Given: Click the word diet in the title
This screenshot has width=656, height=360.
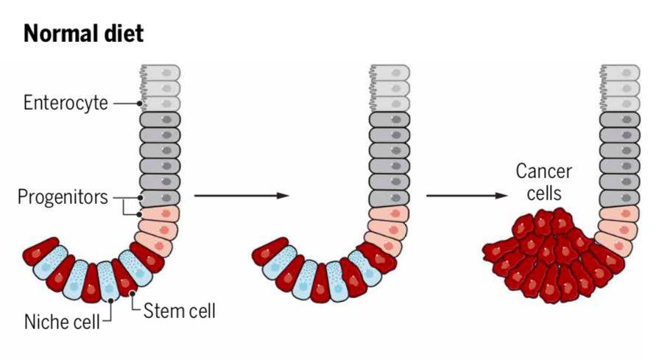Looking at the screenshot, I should (121, 34).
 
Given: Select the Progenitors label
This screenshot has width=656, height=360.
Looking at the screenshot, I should (63, 197).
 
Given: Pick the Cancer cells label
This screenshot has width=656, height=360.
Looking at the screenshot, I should (543, 183).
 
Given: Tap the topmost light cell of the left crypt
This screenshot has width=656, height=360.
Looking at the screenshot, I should (161, 74).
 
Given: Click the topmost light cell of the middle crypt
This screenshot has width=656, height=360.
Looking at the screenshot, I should (390, 74).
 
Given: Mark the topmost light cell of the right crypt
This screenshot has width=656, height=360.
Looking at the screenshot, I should (621, 74).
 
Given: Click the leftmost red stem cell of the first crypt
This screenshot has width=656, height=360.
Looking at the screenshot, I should (41, 254).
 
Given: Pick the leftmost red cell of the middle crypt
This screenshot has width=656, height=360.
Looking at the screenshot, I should (269, 254).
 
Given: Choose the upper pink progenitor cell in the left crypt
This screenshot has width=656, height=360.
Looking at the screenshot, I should (161, 215).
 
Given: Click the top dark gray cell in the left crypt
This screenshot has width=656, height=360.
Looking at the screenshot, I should (161, 119).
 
